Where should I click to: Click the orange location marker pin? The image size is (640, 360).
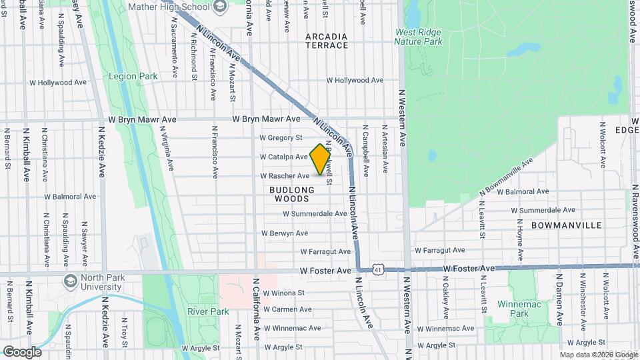(320, 159)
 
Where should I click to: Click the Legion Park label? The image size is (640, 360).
(134, 76)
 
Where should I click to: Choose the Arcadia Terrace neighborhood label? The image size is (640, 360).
(327, 41)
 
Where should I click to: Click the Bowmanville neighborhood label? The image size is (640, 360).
(567, 225)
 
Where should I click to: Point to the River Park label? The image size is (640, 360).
(208, 311)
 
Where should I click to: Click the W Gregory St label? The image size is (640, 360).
(281, 137)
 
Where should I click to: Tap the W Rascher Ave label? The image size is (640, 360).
(285, 176)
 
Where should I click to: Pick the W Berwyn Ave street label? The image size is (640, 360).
(285, 233)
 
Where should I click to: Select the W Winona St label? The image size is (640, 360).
(283, 293)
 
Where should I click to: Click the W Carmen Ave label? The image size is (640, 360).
(287, 309)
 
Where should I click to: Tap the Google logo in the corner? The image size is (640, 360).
(22, 351)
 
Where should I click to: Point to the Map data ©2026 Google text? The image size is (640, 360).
(598, 355)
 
